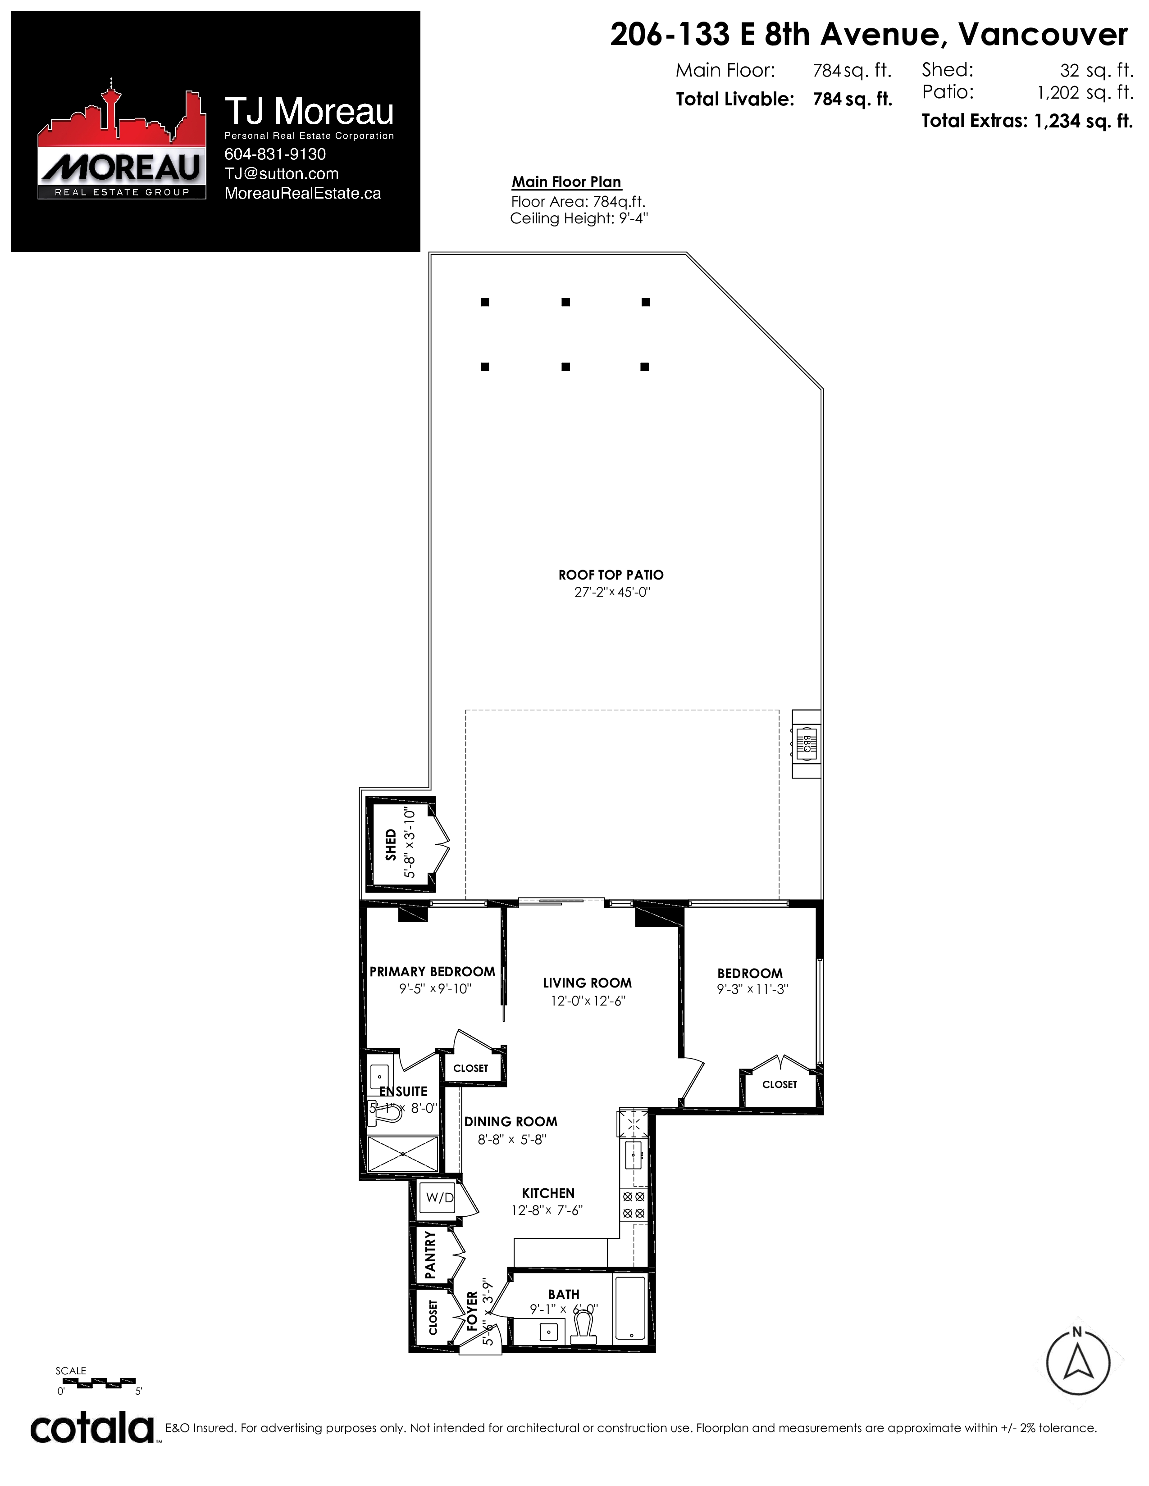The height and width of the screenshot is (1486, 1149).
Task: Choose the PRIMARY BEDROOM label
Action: coord(432,972)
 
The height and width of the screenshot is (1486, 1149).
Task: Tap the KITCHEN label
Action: coord(548,1193)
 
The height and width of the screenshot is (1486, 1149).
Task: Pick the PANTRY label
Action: coord(430,1255)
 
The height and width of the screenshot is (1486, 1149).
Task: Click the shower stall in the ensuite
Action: coord(403,1153)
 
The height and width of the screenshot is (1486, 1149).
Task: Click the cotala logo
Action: coord(92,1428)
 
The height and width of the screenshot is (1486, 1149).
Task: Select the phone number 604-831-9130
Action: coord(275,154)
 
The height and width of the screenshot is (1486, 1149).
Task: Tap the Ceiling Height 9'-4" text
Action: coord(579,218)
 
